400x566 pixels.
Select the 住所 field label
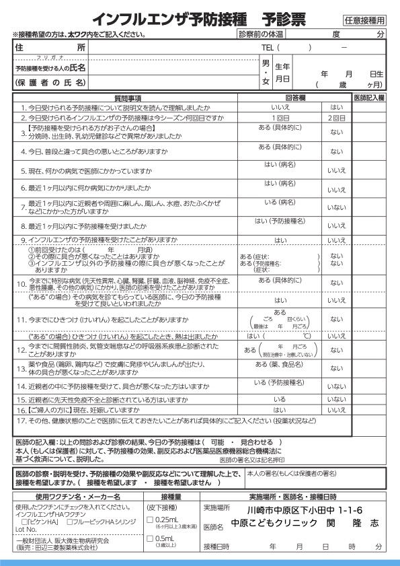[50, 48]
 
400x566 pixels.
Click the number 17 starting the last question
[21, 421]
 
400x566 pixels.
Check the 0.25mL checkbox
[150, 520]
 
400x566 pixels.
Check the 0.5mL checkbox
[150, 539]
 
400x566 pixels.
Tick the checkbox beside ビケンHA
[25, 522]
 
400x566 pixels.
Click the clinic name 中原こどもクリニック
[274, 522]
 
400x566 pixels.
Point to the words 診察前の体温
[262, 34]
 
